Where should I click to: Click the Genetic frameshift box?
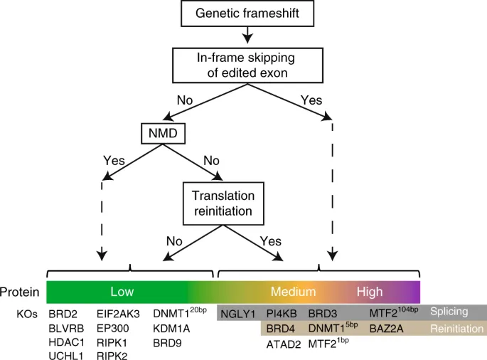(244, 13)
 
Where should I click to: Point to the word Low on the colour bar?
(122, 292)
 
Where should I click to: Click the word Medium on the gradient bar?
(293, 292)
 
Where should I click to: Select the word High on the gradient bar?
(370, 292)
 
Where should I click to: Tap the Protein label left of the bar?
(19, 292)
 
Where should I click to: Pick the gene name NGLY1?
(238, 313)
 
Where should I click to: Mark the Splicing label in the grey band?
(449, 312)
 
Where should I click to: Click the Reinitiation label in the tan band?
(457, 329)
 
